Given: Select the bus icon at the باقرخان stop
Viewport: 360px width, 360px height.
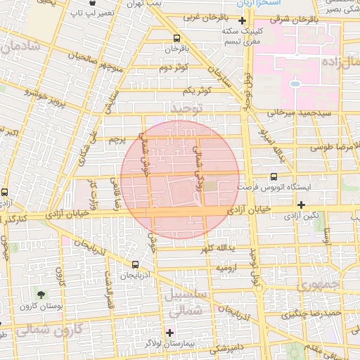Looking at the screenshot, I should coord(176,38).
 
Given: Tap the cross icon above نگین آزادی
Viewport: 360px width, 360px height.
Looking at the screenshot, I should coord(302,205).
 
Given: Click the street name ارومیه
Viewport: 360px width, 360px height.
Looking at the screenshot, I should coord(231,268).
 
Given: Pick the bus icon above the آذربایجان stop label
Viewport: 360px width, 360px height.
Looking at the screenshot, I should coord(135,264).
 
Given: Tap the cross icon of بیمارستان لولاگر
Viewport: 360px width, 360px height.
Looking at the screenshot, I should coord(169,332).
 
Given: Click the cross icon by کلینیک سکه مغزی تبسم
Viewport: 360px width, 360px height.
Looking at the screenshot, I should coord(243,21).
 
